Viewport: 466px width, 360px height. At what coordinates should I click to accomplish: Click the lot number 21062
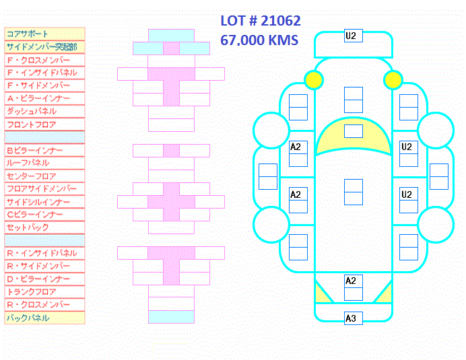click(x=281, y=21)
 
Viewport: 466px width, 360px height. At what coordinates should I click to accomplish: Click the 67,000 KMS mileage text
click(x=259, y=40)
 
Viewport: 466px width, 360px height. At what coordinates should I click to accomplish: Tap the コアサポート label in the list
click(x=28, y=34)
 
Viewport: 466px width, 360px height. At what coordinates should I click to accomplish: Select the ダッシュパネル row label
click(x=32, y=112)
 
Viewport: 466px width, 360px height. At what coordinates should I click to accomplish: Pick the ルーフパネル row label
click(x=28, y=163)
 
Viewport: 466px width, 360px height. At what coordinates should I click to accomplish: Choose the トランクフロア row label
click(x=31, y=291)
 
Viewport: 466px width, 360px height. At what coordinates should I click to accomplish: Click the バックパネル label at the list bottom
click(x=28, y=318)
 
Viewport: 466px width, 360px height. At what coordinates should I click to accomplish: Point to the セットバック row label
click(x=28, y=227)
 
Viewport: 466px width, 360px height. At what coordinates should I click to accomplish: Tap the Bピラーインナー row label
click(x=35, y=150)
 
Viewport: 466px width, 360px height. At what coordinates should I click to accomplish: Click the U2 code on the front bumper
click(x=351, y=36)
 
